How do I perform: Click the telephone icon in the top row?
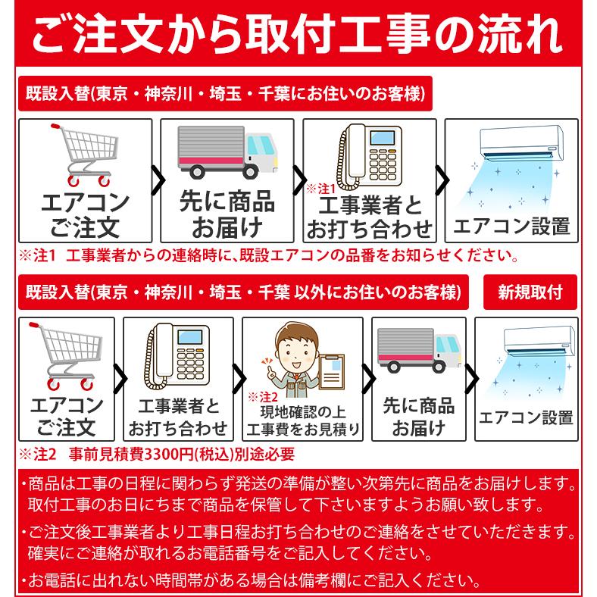point(367,155)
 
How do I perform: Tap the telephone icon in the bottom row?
point(177,356)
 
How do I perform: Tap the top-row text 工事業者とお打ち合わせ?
point(370,217)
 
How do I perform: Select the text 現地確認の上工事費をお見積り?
point(302,422)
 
